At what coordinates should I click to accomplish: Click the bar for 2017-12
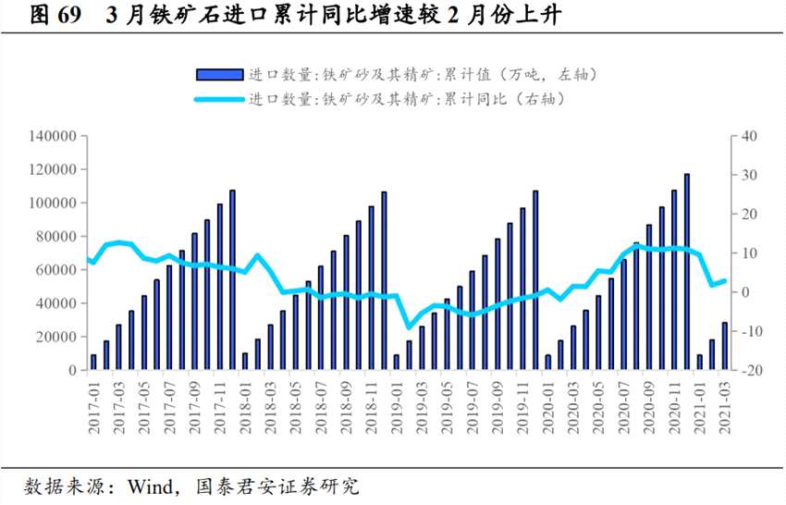(x=232, y=280)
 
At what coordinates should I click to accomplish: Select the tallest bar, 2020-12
(x=686, y=272)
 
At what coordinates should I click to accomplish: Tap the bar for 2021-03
(x=724, y=346)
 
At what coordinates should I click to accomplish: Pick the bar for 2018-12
(x=384, y=281)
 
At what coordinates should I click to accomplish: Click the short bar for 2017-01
(x=93, y=363)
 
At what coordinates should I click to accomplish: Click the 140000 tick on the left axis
(x=52, y=136)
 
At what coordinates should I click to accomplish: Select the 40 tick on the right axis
(x=747, y=136)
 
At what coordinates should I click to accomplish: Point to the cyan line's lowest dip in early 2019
(x=409, y=326)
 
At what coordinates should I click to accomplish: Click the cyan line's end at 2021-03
(x=724, y=281)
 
